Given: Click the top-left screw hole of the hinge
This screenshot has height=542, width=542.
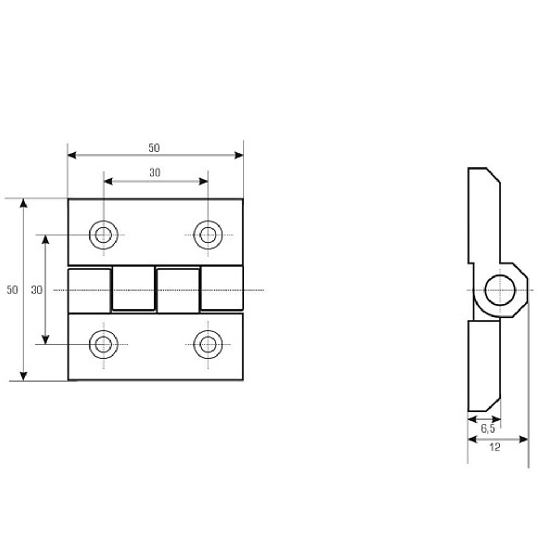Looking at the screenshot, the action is tap(104, 235).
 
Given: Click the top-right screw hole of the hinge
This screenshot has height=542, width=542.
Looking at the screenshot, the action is tap(208, 235).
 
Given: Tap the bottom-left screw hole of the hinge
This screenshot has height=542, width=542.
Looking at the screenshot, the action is tap(104, 344).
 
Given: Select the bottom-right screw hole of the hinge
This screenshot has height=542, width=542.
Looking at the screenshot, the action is tap(208, 344).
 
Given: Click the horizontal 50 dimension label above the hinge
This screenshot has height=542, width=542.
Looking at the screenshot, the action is tap(154, 148).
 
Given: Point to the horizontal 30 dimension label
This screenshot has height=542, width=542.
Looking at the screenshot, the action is tap(155, 172).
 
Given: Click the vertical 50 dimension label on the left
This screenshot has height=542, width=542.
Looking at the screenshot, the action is tap(12, 289).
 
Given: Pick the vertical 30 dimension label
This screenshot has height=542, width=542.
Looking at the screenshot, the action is tap(37, 289).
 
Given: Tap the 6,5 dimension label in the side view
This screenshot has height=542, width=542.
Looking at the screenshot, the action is tap(488, 429).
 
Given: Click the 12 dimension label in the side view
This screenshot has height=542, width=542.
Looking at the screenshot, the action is tap(495, 448).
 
